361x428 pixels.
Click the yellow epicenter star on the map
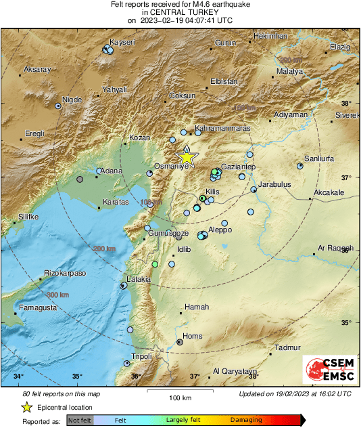pyautogui.click(x=187, y=158)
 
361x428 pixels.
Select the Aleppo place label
pyautogui.click(x=220, y=230)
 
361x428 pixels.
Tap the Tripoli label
pyautogui.click(x=141, y=356)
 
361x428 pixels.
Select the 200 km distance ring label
pyautogui.click(x=105, y=249)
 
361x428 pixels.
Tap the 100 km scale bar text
pyautogui.click(x=178, y=398)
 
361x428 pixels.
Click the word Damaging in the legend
pyautogui.click(x=245, y=420)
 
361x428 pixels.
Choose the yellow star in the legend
pyautogui.click(x=26, y=407)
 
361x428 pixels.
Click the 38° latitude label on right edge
pyautogui.click(x=346, y=104)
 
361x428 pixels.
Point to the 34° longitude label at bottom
pyautogui.click(x=18, y=377)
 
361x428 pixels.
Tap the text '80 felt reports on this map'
pyautogui.click(x=62, y=393)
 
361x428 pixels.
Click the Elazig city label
pyautogui.click(x=340, y=47)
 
